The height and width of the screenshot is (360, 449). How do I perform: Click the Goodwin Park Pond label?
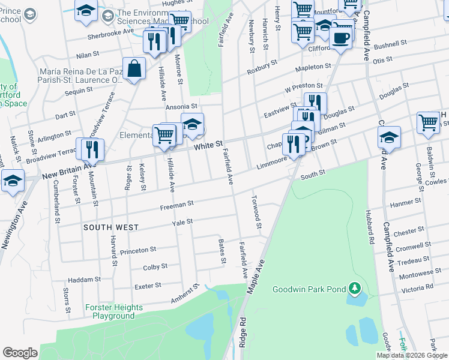[x=309, y=289]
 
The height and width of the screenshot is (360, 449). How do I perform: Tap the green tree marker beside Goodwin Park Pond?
[x=355, y=289]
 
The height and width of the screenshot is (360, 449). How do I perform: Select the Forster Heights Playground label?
[x=113, y=311]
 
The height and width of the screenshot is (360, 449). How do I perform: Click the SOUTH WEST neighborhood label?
[x=111, y=228]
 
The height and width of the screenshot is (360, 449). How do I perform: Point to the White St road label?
[x=208, y=145]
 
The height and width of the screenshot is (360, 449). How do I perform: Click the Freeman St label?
[x=176, y=205]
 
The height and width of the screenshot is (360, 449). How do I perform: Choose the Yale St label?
[x=182, y=222]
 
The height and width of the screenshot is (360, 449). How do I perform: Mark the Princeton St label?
[x=138, y=249]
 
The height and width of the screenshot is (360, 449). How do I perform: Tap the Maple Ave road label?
[x=255, y=277]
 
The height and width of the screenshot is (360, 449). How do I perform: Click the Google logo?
[x=20, y=353]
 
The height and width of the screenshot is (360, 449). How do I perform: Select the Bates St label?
[x=221, y=251]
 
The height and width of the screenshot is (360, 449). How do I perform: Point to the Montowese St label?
[x=420, y=273]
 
